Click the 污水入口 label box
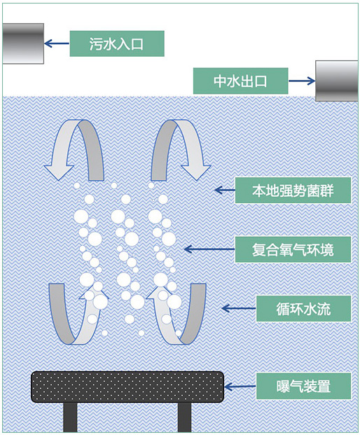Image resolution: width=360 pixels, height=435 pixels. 117,43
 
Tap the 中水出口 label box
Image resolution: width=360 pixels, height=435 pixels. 240,81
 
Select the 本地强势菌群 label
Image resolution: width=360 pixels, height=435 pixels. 293,191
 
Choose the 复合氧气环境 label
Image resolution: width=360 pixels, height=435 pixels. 293,249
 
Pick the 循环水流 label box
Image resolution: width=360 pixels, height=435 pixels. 303,308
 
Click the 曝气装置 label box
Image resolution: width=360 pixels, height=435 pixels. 303,386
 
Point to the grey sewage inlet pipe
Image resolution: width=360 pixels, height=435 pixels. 23,43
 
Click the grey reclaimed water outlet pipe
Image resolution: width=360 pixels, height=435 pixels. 337,81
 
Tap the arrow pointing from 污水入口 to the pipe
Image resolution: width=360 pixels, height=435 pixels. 57,43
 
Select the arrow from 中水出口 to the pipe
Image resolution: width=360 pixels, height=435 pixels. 302,81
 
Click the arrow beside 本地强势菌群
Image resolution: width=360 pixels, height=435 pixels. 225,191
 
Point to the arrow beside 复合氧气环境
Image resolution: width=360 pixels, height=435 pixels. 209,249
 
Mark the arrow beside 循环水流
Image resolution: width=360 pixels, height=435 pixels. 239,308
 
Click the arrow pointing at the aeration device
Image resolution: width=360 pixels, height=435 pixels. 240,387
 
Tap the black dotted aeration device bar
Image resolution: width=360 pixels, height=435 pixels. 127,387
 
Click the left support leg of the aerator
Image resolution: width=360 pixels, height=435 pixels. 70,417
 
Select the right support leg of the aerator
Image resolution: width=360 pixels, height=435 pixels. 184,417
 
